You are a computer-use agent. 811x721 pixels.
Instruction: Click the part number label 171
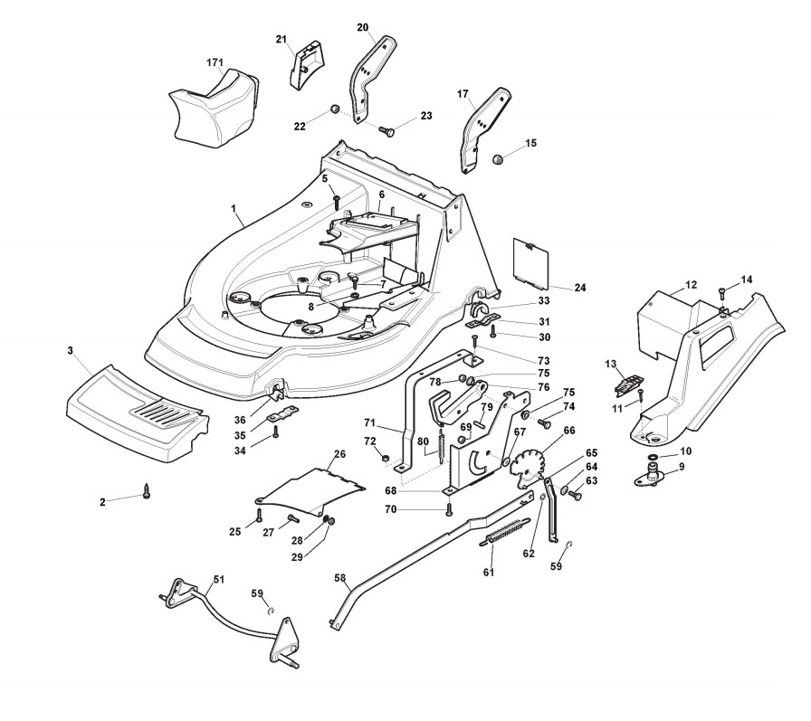215,62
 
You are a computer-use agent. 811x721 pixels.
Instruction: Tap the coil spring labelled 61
504,531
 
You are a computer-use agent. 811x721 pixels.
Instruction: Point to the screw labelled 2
148,491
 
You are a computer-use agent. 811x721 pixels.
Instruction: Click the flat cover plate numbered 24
530,261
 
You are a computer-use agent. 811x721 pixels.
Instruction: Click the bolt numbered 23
386,131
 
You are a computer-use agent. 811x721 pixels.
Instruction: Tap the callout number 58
339,578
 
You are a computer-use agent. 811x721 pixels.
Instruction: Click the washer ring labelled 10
653,457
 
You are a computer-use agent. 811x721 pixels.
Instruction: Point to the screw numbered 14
722,294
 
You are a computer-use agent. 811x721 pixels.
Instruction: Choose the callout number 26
339,454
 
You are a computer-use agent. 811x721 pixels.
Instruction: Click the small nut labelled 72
385,459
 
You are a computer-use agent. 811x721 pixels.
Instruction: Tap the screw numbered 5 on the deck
336,202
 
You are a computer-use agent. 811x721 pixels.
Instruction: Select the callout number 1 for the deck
234,208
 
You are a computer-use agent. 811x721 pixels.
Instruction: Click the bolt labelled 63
574,495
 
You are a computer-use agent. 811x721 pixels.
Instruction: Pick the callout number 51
219,579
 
